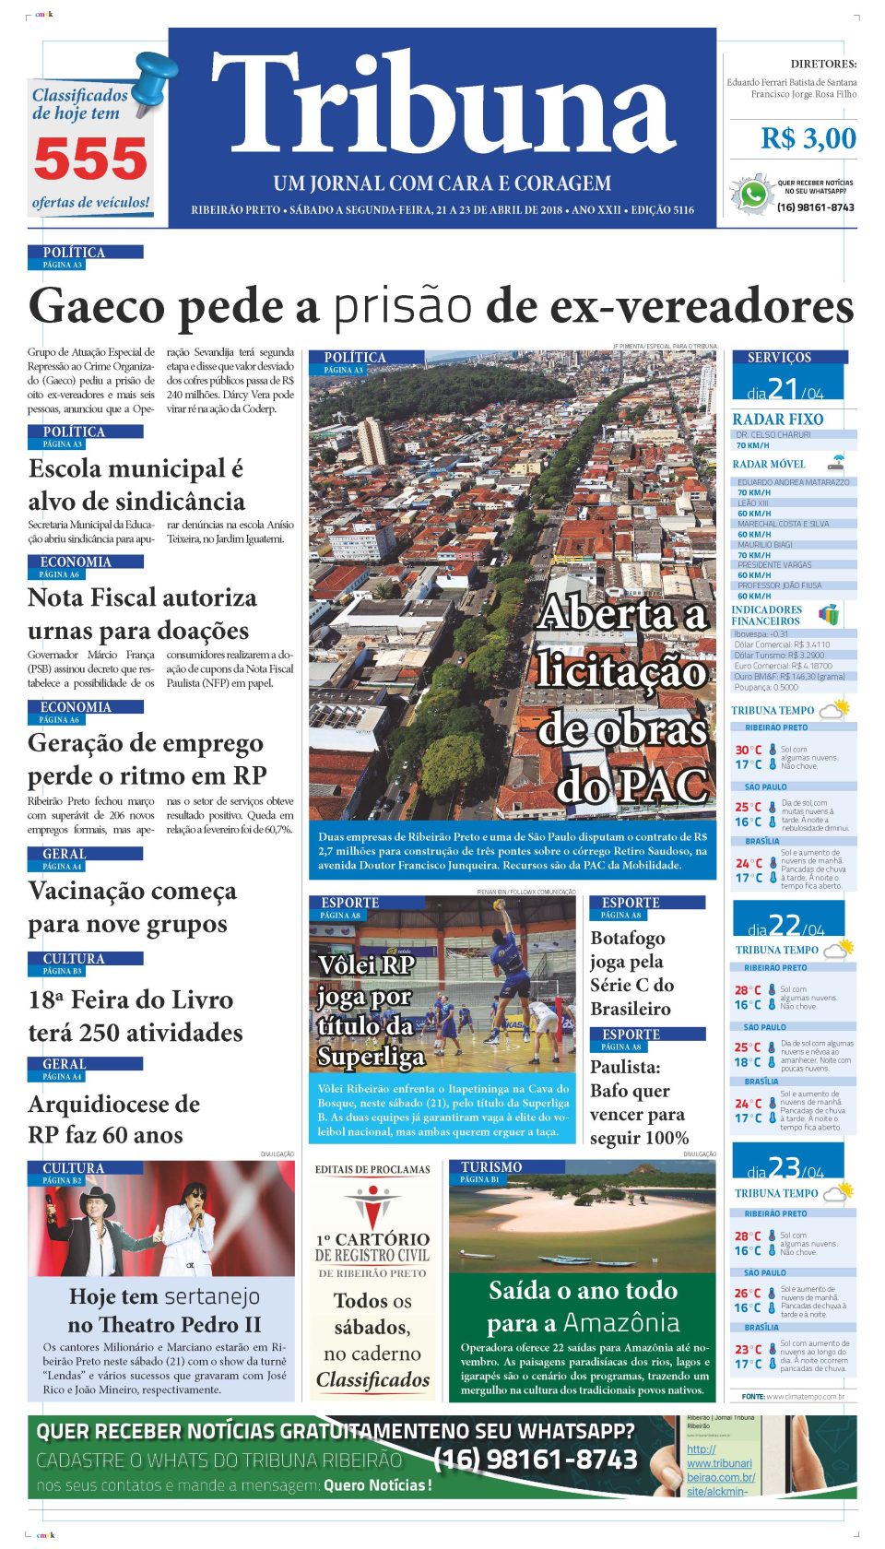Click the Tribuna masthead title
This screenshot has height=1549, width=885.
442,106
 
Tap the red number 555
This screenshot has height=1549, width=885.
90,160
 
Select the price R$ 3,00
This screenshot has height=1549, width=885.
808,138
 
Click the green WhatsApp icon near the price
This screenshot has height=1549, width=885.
753,195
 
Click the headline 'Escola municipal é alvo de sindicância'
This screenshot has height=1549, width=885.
136,485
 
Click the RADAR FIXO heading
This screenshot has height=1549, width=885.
778,419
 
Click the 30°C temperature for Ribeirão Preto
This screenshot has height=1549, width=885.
748,750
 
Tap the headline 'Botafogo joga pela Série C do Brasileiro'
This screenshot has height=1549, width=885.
632,973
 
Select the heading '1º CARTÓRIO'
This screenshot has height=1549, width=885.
372,1239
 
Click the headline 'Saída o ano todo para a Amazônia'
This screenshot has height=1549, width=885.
583,1307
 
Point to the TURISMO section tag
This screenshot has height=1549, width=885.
491,1167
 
